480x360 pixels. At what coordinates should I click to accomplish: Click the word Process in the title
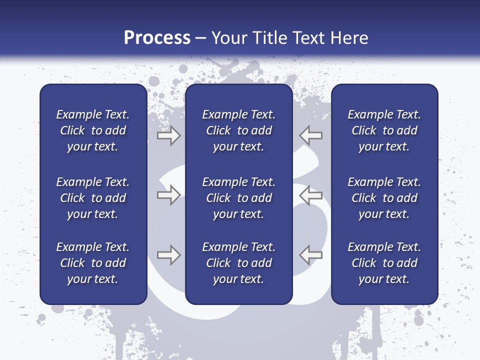(157, 38)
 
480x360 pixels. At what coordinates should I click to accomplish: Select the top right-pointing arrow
(168, 135)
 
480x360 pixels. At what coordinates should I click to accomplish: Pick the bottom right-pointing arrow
(168, 255)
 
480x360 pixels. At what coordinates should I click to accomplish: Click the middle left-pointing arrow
(310, 195)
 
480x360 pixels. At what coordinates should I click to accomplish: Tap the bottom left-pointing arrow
(310, 254)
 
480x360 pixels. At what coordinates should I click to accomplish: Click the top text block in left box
(93, 130)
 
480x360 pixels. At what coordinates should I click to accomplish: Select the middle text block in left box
(93, 198)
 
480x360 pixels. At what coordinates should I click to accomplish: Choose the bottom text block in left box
(93, 263)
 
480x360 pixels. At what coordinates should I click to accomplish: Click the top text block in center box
(238, 130)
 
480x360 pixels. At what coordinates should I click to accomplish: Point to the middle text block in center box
(238, 198)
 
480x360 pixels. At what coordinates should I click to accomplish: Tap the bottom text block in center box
(238, 263)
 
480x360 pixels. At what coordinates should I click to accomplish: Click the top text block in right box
(384, 130)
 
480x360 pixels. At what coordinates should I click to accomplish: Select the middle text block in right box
(384, 198)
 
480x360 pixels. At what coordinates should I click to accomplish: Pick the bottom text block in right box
(384, 263)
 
